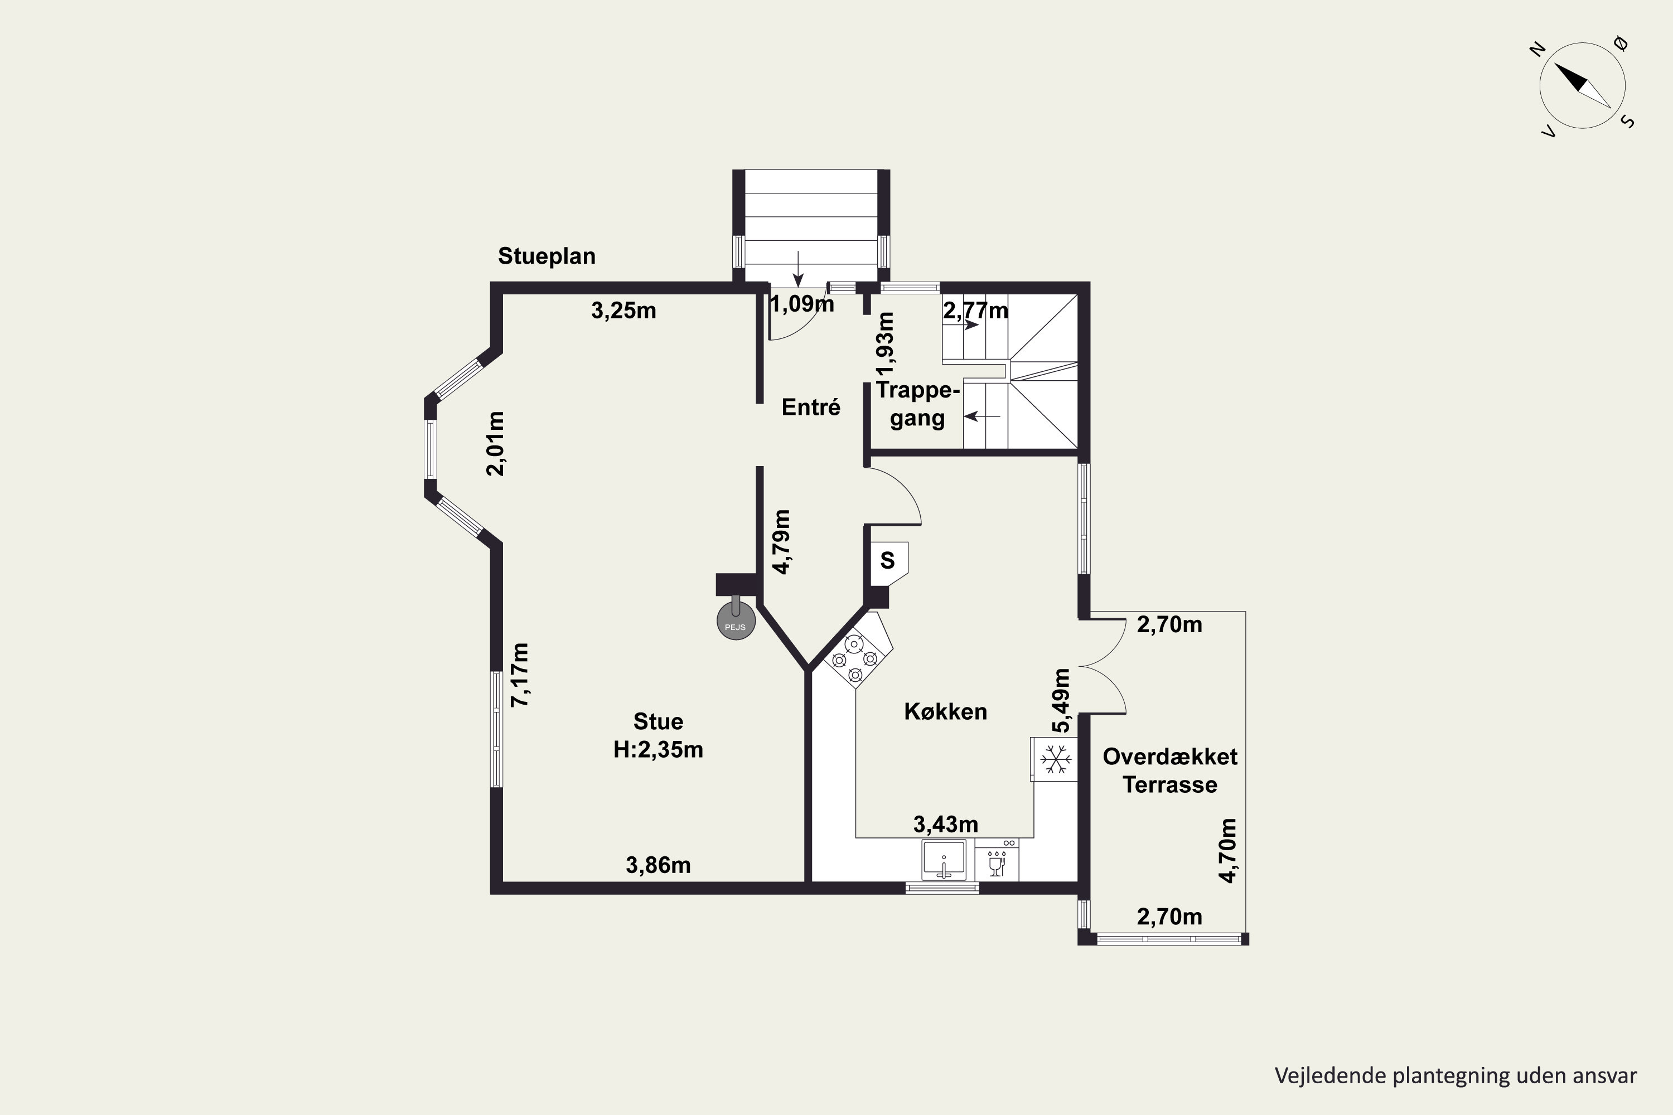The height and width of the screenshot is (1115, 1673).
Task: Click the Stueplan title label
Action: pos(547,256)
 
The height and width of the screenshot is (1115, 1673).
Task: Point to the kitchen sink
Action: pos(944,860)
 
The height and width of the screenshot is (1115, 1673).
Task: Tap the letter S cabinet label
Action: pos(887,560)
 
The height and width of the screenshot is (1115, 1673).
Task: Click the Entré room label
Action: pos(811,407)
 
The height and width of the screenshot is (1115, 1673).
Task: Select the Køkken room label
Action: pos(945,711)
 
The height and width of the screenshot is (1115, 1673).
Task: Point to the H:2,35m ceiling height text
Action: pos(658,749)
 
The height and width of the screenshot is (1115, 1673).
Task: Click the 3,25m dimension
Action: pos(624,311)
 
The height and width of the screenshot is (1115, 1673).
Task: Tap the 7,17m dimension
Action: pos(521,675)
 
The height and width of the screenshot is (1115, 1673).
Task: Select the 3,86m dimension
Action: pos(658,865)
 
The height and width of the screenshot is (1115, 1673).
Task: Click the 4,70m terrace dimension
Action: pos(1228,851)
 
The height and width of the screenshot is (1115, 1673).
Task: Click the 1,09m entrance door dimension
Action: pos(802,304)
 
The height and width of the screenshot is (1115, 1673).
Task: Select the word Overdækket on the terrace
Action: pos(1170,757)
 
